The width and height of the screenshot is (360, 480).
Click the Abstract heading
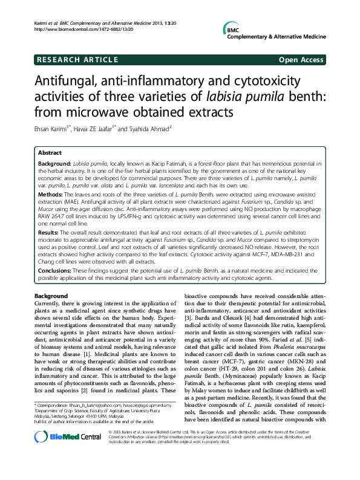pyautogui.click(x=49, y=154)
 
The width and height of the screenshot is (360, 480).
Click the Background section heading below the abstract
pyautogui.click(x=51, y=294)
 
